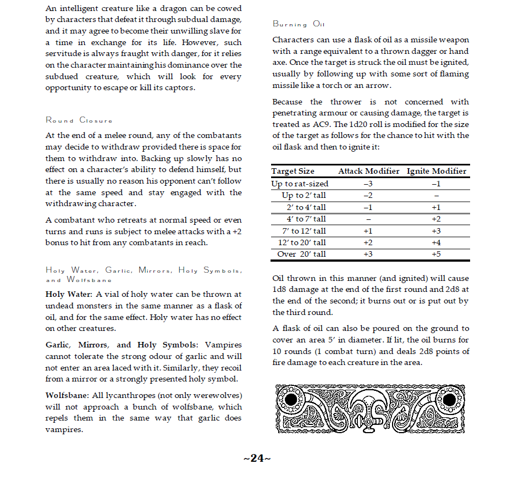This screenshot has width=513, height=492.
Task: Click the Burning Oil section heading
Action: click(299, 24)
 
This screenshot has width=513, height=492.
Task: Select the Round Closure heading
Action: click(79, 120)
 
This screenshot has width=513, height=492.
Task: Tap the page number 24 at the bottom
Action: click(257, 458)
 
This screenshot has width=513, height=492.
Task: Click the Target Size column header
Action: click(293, 171)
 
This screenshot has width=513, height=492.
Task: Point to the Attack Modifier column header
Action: click(368, 171)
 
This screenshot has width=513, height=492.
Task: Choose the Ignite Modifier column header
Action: click(436, 171)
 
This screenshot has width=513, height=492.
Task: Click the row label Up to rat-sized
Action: click(300, 184)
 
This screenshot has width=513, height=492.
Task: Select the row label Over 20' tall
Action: click(301, 254)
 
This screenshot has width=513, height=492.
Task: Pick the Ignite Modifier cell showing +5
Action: click(436, 254)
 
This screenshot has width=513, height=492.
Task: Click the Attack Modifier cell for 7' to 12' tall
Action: click(368, 231)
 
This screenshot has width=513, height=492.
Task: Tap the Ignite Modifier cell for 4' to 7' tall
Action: click(436, 219)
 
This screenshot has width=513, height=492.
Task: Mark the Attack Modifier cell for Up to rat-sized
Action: click(368, 184)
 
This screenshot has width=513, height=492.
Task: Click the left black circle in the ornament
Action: click(291, 399)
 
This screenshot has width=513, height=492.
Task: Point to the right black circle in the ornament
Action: click(449, 399)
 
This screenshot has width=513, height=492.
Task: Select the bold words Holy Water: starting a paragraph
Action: click(69, 295)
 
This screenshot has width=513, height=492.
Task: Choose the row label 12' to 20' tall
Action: click(301, 242)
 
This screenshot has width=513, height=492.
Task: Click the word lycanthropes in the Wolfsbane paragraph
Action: click(131, 395)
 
